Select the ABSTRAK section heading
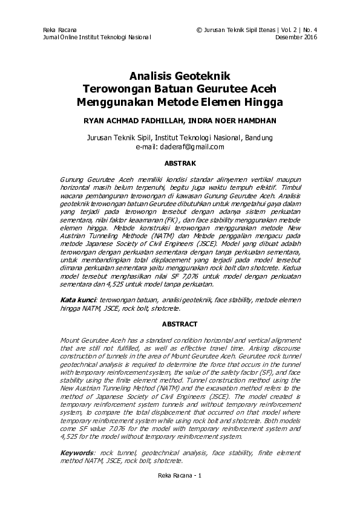tap(180, 163)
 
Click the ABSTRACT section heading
tap(180, 323)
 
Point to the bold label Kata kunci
tap(78, 300)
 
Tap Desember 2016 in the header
tap(296, 37)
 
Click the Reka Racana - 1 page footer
tap(180, 475)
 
